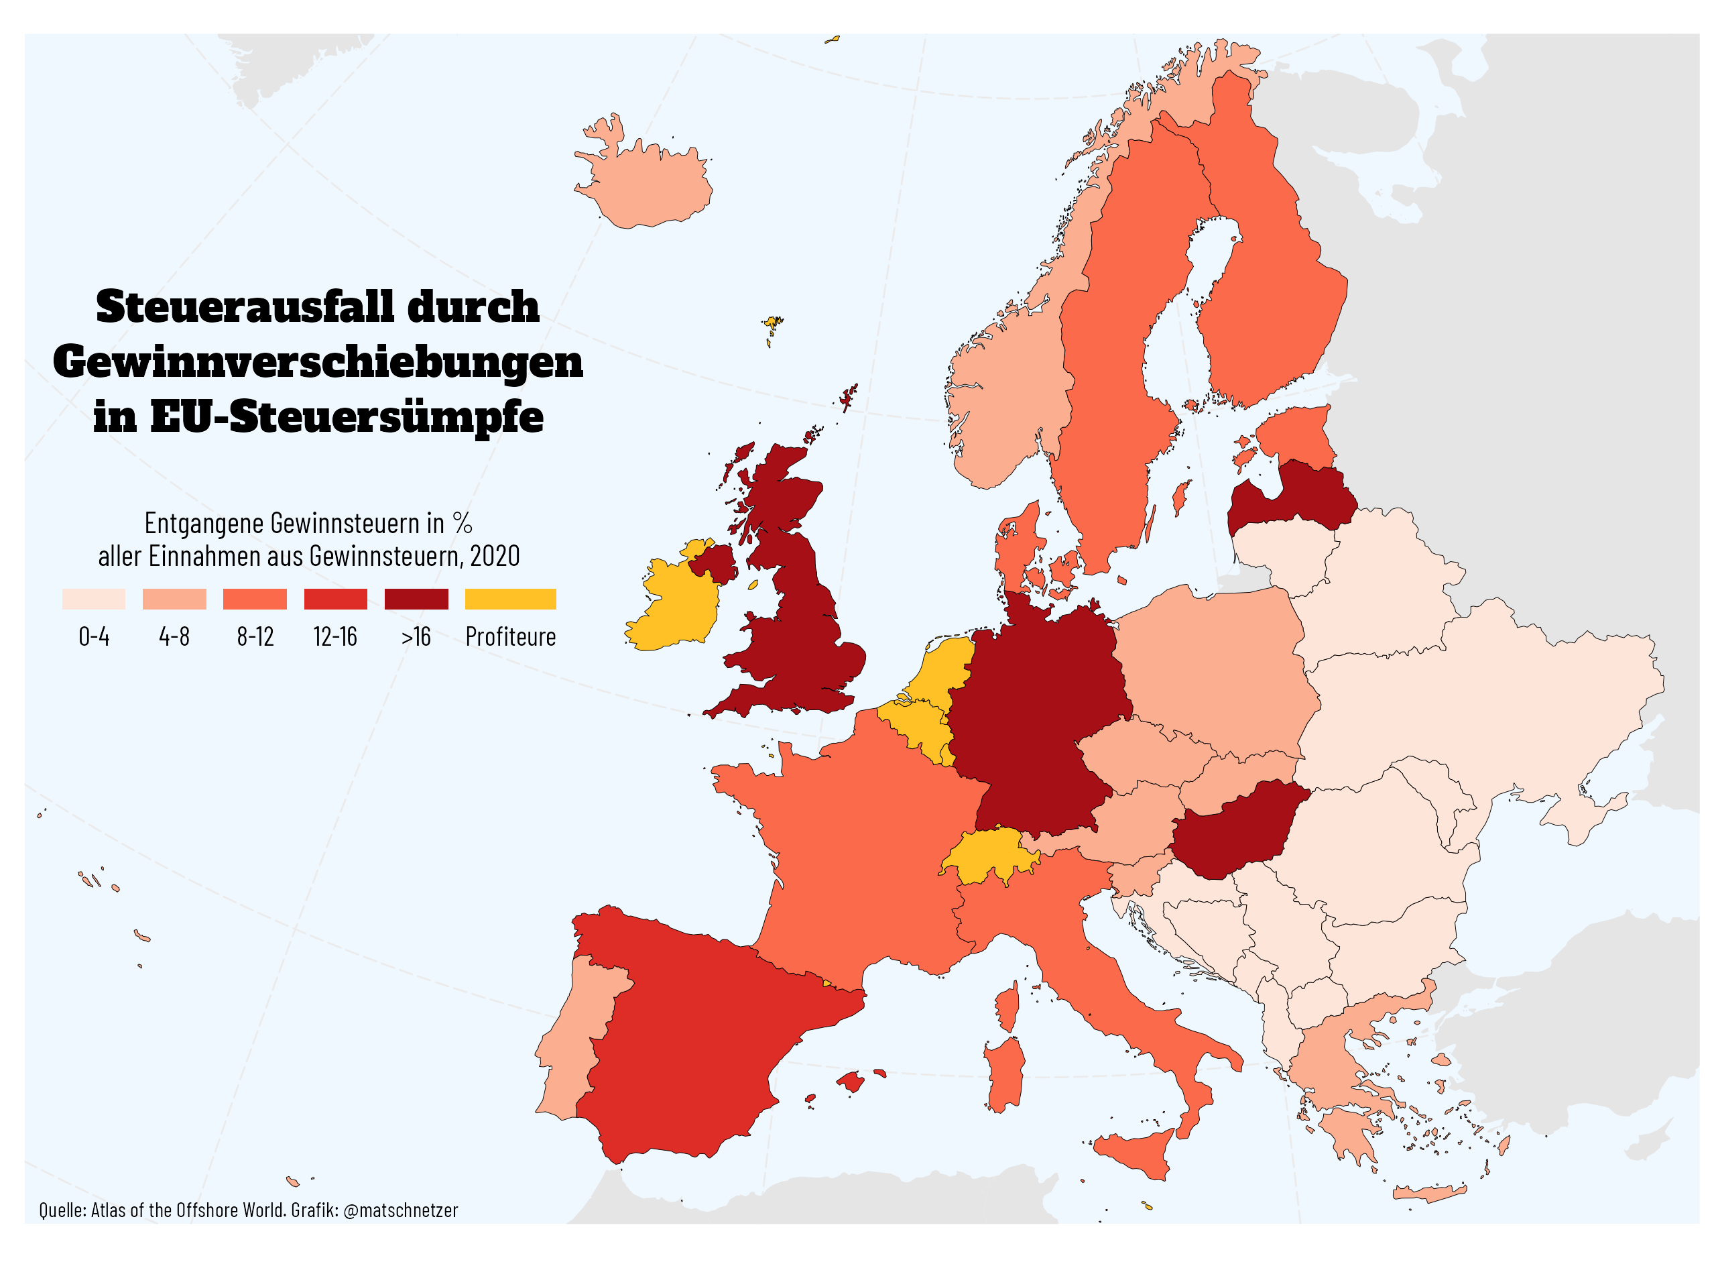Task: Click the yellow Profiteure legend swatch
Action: pyautogui.click(x=510, y=599)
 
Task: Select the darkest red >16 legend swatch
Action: pyautogui.click(x=416, y=599)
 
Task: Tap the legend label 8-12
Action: pyautogui.click(x=255, y=637)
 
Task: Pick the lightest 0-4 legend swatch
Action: pyautogui.click(x=93, y=599)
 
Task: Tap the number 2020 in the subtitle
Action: pyautogui.click(x=495, y=557)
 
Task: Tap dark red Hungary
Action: pyautogui.click(x=1233, y=831)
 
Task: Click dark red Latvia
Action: pyautogui.click(x=1294, y=502)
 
